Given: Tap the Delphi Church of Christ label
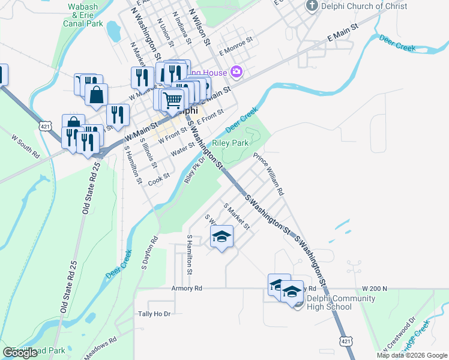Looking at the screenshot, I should click(x=364, y=6).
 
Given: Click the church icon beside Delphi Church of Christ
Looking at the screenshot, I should click(x=312, y=5).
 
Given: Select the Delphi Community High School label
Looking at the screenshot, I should click(x=329, y=302).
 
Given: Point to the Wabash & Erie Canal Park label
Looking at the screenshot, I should click(x=83, y=14).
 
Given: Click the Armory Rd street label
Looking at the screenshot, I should click(x=185, y=289).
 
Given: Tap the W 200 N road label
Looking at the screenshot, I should click(x=375, y=289).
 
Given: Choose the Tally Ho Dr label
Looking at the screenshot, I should click(x=154, y=314).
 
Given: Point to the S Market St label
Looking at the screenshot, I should click(x=237, y=217).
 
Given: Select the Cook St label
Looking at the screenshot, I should click(x=159, y=179).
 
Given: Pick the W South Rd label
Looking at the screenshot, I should click(x=26, y=146).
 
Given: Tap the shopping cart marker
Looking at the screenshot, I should click(x=172, y=101).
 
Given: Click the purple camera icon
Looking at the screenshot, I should click(x=237, y=73).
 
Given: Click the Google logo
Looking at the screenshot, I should click(x=20, y=353).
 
